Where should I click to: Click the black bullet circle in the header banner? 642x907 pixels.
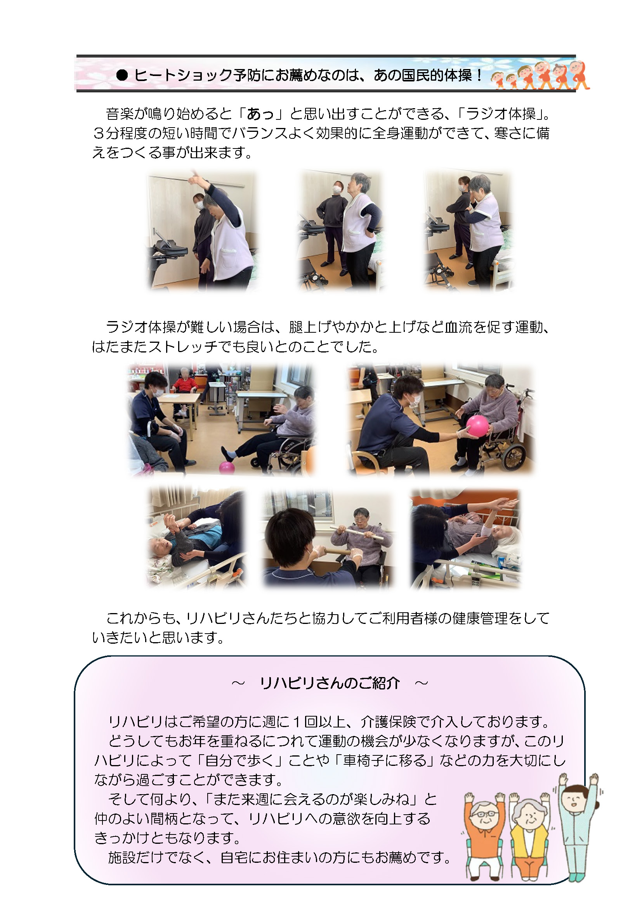[x=122, y=75]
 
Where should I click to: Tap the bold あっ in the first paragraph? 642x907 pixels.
[x=260, y=114]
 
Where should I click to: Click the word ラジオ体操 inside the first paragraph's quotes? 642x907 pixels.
[x=500, y=114]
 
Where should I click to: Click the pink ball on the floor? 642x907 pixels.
[x=227, y=467]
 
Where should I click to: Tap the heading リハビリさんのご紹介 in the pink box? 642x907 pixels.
[x=330, y=683]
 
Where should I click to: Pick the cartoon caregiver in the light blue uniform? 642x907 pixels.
[x=577, y=826]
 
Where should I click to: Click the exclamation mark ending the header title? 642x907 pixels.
[x=479, y=75]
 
